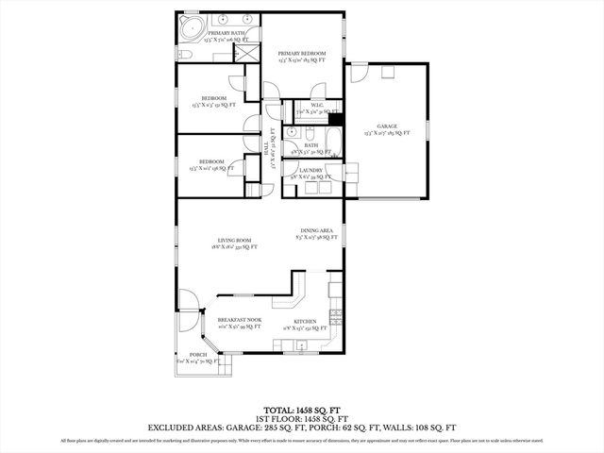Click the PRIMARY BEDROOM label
click(x=302, y=54)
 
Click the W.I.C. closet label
click(x=304, y=105)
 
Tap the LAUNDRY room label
click(x=310, y=171)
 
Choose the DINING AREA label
click(x=315, y=231)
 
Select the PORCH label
click(x=198, y=355)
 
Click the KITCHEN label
click(x=304, y=322)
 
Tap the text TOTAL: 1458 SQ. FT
click(x=301, y=411)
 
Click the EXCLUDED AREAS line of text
click(x=301, y=428)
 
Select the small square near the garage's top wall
click(x=386, y=71)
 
